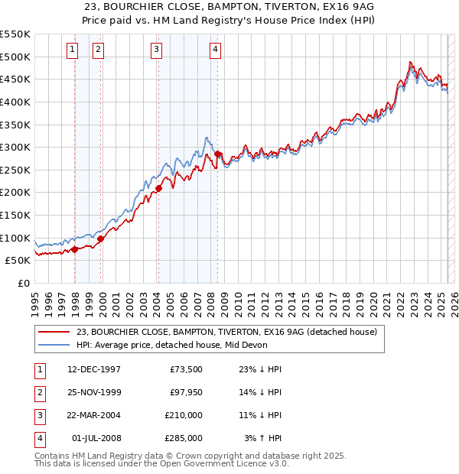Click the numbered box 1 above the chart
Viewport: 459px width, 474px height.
pos(72,50)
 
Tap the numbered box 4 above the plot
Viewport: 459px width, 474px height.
pos(216,50)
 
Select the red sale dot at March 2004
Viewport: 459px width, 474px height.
pos(159,188)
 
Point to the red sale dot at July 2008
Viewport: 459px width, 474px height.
pos(217,154)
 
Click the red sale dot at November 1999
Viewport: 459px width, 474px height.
pos(100,239)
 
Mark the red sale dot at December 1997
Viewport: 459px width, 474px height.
pos(74,249)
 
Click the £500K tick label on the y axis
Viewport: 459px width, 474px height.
pos(15,57)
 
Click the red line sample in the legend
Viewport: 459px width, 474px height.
pos(54,333)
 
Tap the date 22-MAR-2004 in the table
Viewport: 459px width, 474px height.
pos(94,415)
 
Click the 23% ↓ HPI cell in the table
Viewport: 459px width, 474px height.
pos(261,369)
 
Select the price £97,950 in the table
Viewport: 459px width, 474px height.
pos(184,392)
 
